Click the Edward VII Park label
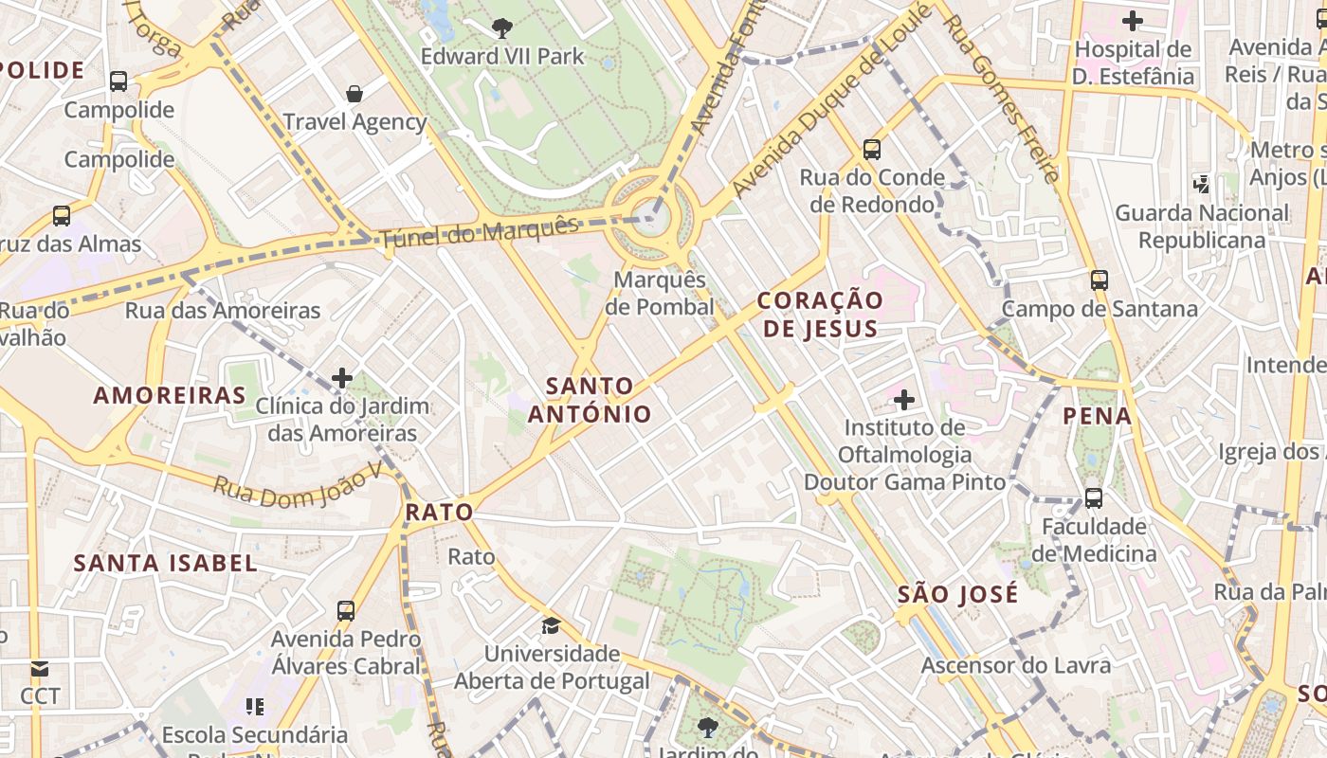click(502, 57)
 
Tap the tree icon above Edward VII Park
click(502, 28)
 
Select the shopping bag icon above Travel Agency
click(354, 93)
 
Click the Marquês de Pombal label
click(662, 294)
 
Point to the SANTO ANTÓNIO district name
click(590, 400)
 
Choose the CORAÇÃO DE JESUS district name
click(820, 315)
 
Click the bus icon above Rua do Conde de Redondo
click(872, 149)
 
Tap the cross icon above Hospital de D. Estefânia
click(1132, 20)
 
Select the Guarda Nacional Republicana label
click(1202, 226)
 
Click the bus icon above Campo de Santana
click(1100, 280)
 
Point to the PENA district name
click(1098, 416)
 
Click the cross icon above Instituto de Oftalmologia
click(904, 400)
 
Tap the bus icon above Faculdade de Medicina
click(1094, 497)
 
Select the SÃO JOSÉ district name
click(957, 595)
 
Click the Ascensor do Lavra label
click(1015, 665)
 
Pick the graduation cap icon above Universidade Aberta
click(551, 625)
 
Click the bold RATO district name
click(439, 513)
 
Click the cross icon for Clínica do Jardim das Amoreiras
click(342, 379)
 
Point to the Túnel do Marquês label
click(479, 232)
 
